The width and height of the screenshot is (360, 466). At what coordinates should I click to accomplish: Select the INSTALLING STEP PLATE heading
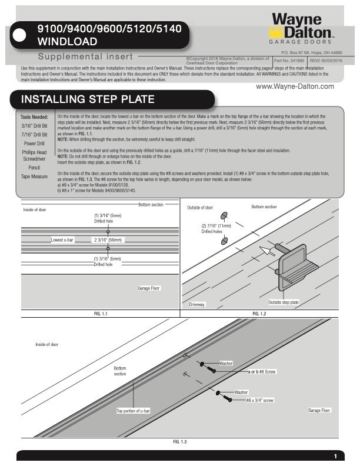[x=88, y=98]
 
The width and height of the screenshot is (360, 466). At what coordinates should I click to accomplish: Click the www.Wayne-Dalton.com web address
[x=295, y=86]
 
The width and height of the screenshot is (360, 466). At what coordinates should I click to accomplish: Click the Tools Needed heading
[x=35, y=117]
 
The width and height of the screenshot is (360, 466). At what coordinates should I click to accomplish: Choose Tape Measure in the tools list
[x=35, y=177]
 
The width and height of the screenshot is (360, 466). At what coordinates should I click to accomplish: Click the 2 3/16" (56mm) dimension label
[x=108, y=240]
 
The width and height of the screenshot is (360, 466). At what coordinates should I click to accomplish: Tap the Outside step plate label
[x=284, y=302]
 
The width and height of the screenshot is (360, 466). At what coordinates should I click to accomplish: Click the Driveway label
[x=197, y=304]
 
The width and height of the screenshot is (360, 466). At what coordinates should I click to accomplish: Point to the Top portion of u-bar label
[x=133, y=411]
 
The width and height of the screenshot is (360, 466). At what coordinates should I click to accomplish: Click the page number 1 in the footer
[x=335, y=457]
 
